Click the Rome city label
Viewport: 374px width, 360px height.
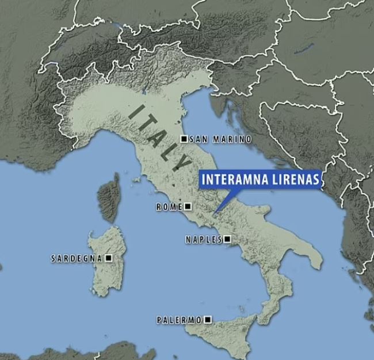pyautogui.click(x=169, y=206)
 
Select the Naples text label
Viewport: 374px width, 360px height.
pyautogui.click(x=204, y=239)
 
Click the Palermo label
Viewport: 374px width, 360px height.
pyautogui.click(x=180, y=320)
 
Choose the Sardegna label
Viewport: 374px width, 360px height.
pyautogui.click(x=77, y=259)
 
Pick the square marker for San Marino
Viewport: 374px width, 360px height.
pyautogui.click(x=184, y=139)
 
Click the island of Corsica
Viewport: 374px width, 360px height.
pyautogui.click(x=109, y=198)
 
